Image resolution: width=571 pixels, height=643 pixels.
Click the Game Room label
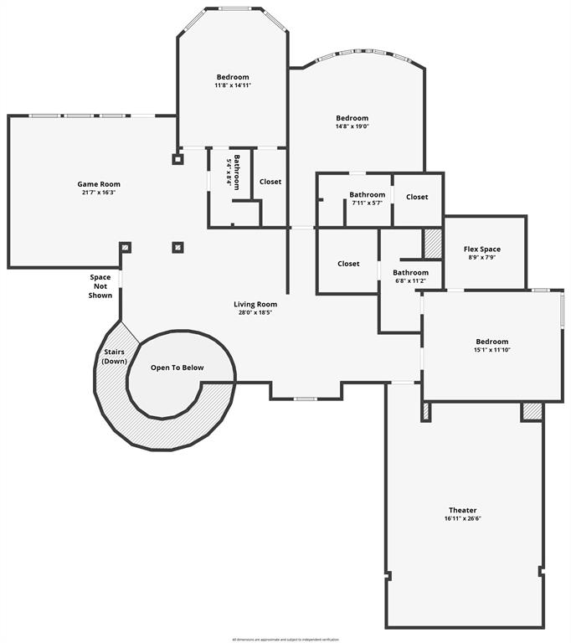(x=99, y=184)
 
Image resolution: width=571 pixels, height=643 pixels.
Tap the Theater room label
(x=462, y=510)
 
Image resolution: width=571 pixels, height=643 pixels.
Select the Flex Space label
(x=481, y=249)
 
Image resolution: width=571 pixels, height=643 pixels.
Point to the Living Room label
(x=255, y=304)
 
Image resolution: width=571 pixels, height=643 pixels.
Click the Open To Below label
(x=177, y=368)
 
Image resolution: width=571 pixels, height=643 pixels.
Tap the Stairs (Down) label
(x=114, y=357)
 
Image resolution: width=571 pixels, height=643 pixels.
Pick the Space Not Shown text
(x=100, y=285)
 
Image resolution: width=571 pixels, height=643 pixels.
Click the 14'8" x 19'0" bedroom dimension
(x=352, y=126)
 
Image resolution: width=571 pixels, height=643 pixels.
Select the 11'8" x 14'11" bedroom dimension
(x=233, y=85)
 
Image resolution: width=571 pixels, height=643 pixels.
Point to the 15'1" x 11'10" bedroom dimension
(x=491, y=350)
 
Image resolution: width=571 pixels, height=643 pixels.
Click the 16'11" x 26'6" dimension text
(x=462, y=518)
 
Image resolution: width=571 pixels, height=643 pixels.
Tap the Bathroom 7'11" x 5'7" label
(x=367, y=195)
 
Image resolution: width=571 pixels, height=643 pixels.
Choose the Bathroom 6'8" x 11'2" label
(x=410, y=272)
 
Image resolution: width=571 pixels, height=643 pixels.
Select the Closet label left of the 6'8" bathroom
(x=348, y=264)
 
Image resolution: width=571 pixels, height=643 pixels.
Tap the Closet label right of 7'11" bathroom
(x=417, y=197)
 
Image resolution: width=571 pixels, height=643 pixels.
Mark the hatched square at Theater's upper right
(x=532, y=411)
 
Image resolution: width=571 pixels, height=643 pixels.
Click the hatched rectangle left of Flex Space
(x=432, y=243)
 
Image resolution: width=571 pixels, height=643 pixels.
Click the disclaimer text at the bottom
(x=285, y=639)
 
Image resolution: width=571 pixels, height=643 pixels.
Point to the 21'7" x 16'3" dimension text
(x=99, y=193)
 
